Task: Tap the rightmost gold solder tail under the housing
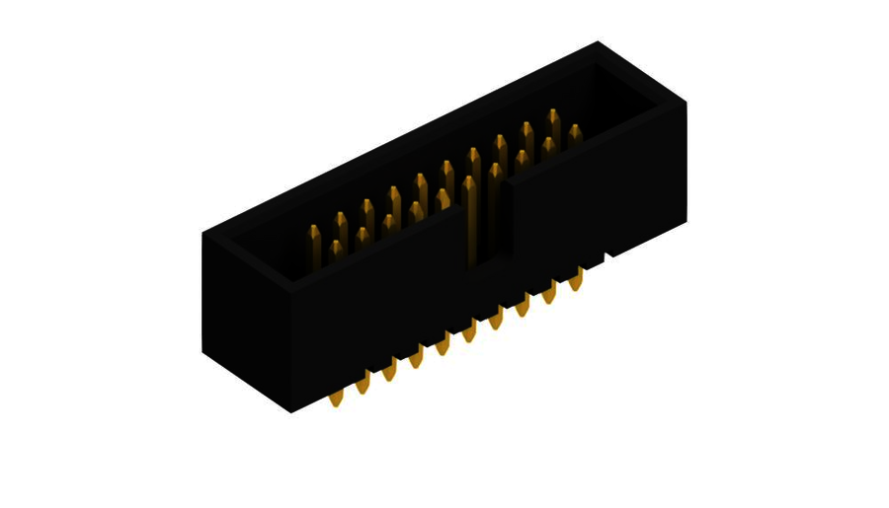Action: pyautogui.click(x=576, y=279)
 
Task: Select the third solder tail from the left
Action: pyautogui.click(x=389, y=370)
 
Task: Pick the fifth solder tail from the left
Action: pyautogui.click(x=443, y=343)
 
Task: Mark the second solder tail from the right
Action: pyautogui.click(x=549, y=292)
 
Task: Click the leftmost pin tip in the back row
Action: pyautogui.click(x=314, y=233)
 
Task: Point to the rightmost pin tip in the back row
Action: pyautogui.click(x=553, y=115)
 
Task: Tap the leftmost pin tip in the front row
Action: pyautogui.click(x=336, y=247)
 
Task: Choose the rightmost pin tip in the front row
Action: pyautogui.click(x=575, y=131)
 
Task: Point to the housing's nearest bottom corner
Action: pyautogui.click(x=290, y=411)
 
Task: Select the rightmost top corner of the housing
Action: pyautogui.click(x=687, y=102)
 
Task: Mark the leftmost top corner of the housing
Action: pyautogui.click(x=203, y=234)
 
